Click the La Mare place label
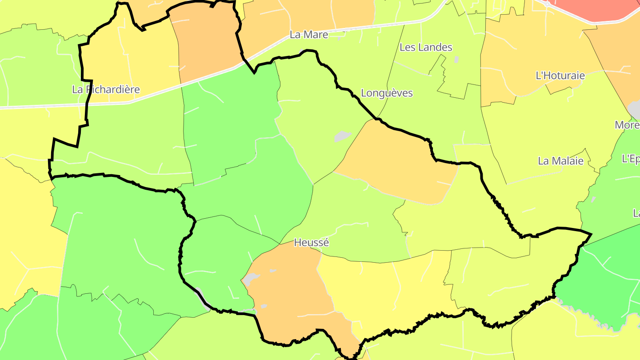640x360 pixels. click(308, 35)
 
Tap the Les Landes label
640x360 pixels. click(426, 47)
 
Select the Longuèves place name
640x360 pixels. click(387, 93)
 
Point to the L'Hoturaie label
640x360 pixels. click(560, 76)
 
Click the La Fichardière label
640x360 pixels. click(106, 90)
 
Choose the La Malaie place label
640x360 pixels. click(560, 161)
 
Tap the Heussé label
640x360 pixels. click(311, 243)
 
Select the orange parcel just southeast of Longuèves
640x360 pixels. click(396, 164)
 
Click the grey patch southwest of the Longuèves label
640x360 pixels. click(342, 136)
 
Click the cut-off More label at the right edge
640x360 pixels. click(627, 125)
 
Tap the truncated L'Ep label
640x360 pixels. click(631, 159)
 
